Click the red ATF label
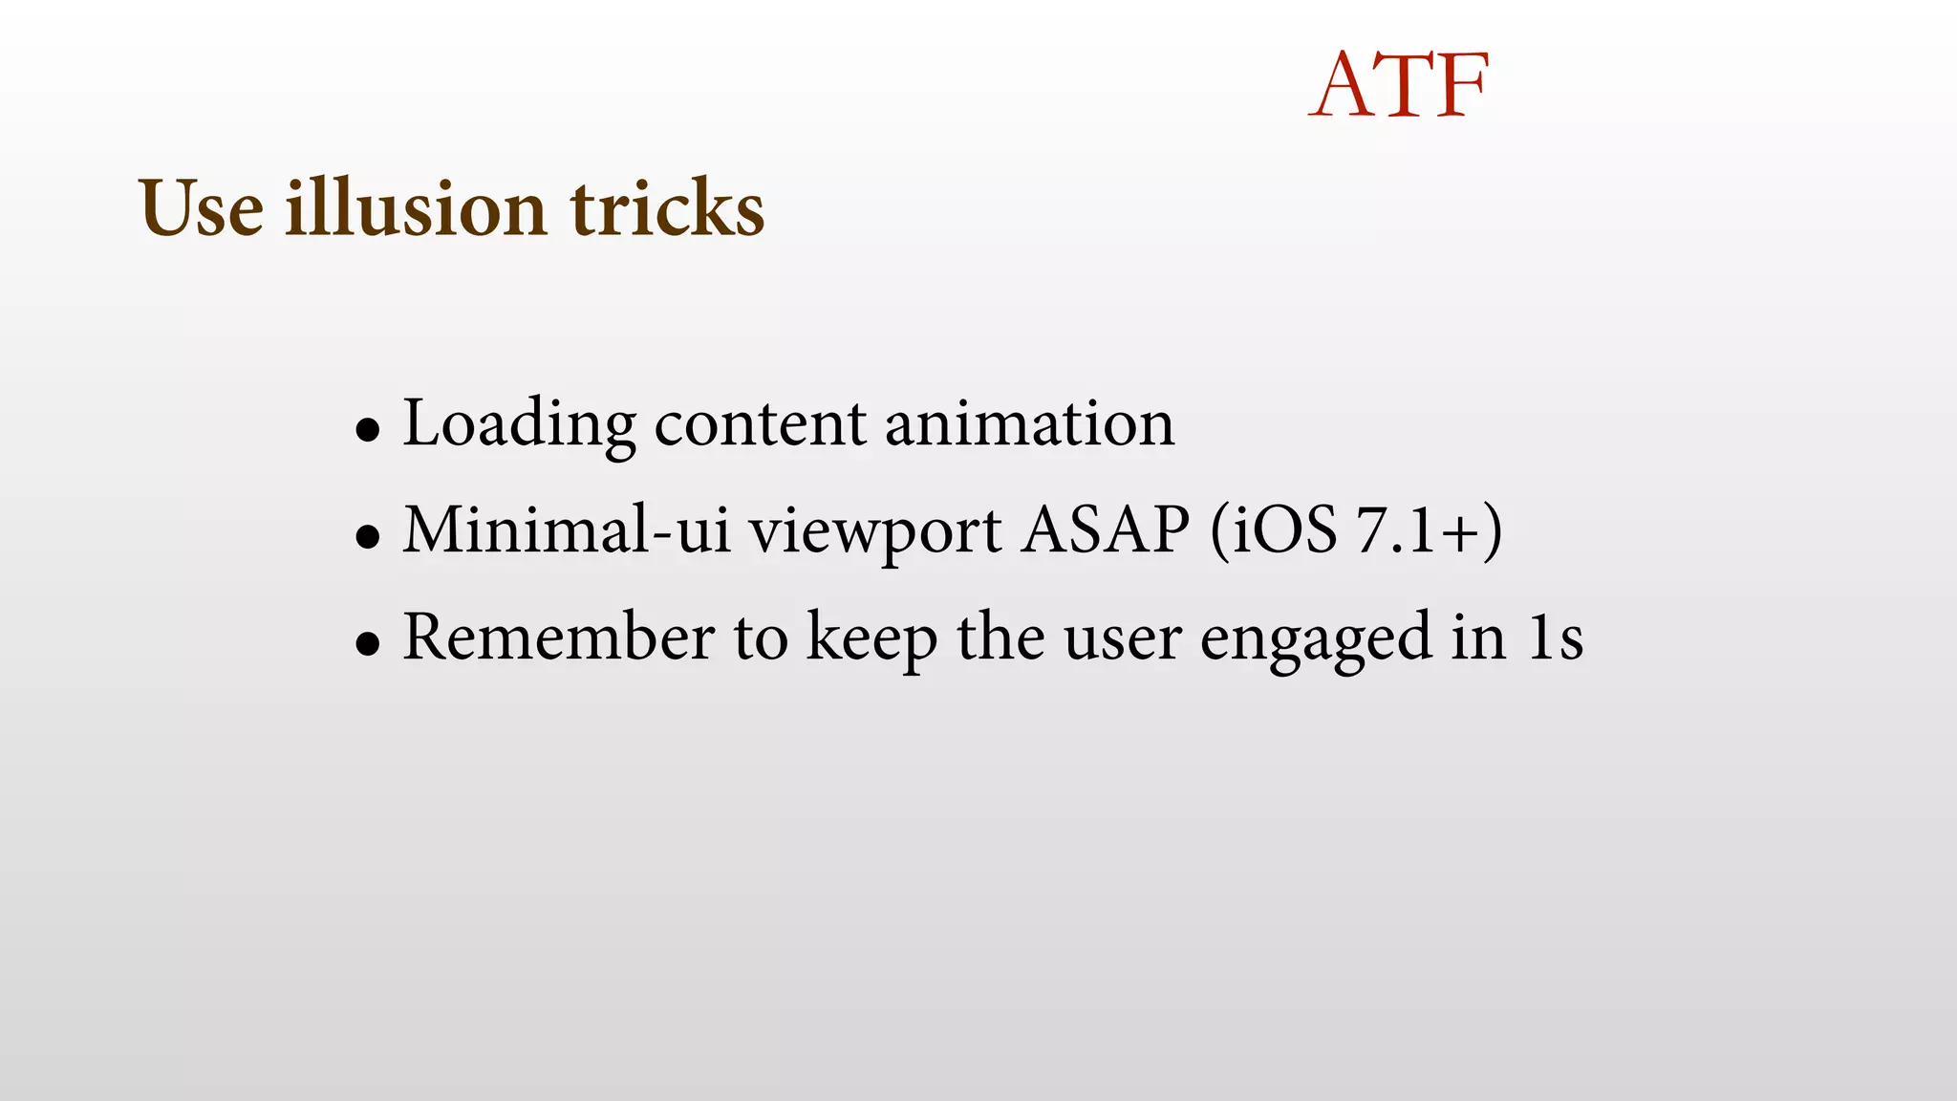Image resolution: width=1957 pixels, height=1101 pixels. (1399, 85)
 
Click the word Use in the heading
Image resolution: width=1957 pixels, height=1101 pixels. (201, 207)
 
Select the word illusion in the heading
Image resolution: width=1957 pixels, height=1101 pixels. (417, 207)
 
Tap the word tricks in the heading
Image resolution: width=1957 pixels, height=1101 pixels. (667, 207)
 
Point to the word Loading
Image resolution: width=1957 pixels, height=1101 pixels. (519, 423)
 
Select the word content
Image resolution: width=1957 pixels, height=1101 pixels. (760, 423)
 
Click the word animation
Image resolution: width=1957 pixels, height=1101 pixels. (1029, 423)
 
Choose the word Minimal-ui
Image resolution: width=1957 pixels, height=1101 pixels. (567, 529)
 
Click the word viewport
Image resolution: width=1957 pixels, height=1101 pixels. (875, 531)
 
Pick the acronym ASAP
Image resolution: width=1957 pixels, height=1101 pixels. (1106, 529)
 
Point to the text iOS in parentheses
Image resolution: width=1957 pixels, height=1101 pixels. (1284, 529)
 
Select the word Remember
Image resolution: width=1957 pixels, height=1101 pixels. (558, 637)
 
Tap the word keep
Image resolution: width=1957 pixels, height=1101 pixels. (871, 638)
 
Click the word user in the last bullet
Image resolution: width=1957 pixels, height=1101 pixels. (1122, 638)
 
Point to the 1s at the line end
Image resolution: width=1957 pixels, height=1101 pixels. (1555, 637)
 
